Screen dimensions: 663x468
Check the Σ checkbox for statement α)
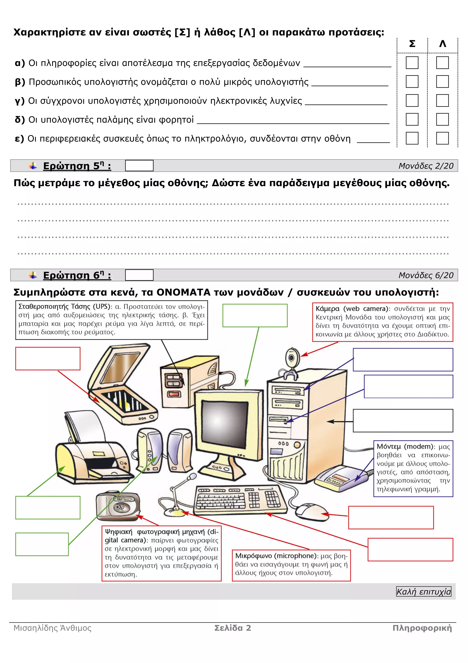point(412,63)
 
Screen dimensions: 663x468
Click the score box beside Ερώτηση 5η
point(139,166)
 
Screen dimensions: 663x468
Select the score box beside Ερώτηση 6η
point(139,275)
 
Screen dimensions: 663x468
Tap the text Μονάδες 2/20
point(426,166)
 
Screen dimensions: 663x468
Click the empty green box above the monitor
point(255,315)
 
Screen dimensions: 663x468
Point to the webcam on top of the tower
point(292,359)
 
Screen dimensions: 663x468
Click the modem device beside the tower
point(340,479)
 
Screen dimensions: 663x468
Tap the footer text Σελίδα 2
point(233,628)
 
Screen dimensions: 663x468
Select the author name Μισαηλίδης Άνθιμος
point(53,628)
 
